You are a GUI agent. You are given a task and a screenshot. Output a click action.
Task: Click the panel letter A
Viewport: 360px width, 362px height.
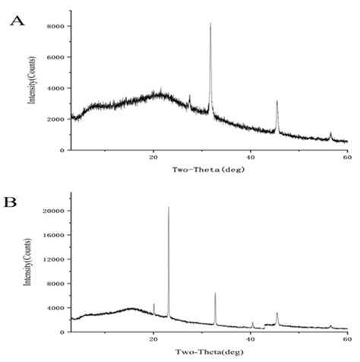15,21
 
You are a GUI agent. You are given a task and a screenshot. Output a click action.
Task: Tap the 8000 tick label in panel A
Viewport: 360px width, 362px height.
55,27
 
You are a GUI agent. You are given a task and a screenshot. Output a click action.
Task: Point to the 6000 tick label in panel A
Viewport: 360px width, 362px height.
55,58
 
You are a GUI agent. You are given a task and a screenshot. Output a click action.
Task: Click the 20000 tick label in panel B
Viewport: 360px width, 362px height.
52,211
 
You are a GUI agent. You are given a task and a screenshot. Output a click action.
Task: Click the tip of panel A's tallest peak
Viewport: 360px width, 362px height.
210,24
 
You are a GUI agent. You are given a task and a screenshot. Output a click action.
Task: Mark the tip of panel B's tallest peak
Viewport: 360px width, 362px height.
169,207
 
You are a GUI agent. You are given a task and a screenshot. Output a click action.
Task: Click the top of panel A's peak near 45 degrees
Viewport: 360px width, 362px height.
277,100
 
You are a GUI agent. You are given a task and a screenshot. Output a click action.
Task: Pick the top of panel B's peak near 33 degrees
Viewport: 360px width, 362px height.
215,293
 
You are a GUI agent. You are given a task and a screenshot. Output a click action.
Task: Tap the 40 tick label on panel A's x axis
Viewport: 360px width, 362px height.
251,158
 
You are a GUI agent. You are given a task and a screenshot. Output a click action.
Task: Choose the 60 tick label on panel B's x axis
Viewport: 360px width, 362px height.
346,340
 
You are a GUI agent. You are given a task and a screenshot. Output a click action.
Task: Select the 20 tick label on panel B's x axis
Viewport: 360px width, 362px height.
153,340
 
